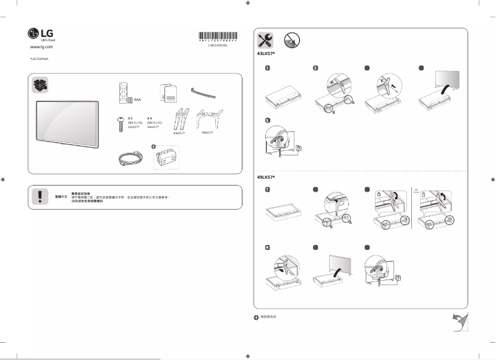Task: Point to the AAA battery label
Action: tap(137, 98)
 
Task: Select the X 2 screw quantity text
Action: tap(130, 117)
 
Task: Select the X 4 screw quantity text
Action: tap(150, 117)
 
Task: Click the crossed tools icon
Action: tap(266, 41)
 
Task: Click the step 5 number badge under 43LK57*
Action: tap(268, 121)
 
